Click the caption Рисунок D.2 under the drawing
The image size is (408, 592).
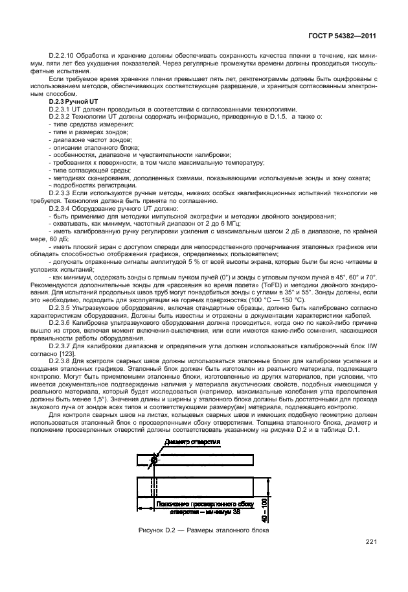coord(203,531)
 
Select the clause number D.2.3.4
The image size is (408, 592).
coord(62,209)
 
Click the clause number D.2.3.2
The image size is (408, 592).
coord(62,117)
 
